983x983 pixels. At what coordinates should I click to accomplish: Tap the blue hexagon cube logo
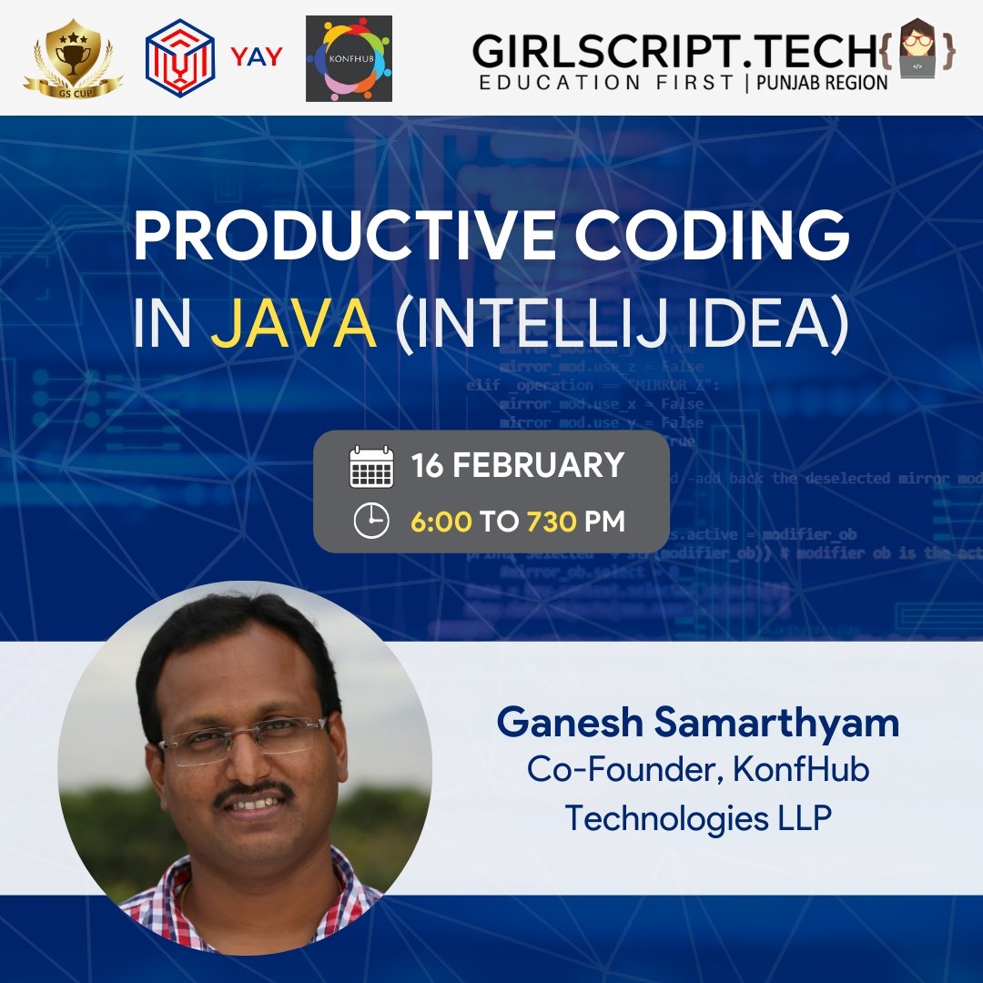point(180,58)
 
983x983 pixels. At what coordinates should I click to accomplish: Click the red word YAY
point(256,57)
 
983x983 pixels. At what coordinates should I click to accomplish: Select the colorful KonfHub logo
point(349,58)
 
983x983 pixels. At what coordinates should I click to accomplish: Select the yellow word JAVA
point(293,325)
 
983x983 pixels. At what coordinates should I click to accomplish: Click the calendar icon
point(371,467)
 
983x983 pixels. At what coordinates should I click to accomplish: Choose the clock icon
point(371,522)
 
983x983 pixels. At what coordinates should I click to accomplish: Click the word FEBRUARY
point(538,465)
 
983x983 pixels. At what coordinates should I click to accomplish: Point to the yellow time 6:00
point(441,522)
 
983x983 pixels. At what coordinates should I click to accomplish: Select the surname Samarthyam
point(782,724)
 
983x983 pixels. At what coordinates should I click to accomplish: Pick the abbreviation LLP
point(801,817)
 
